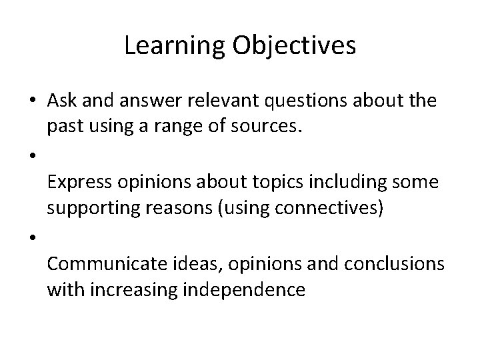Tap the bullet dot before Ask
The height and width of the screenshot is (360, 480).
tap(33, 101)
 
